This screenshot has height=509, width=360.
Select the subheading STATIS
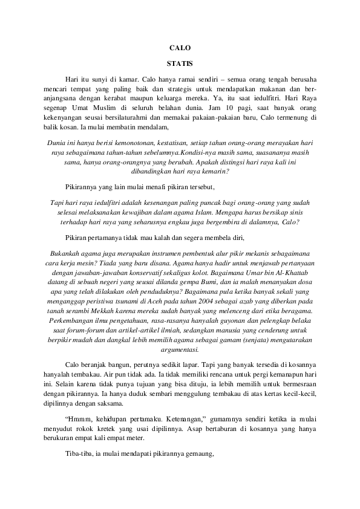(x=180, y=62)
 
